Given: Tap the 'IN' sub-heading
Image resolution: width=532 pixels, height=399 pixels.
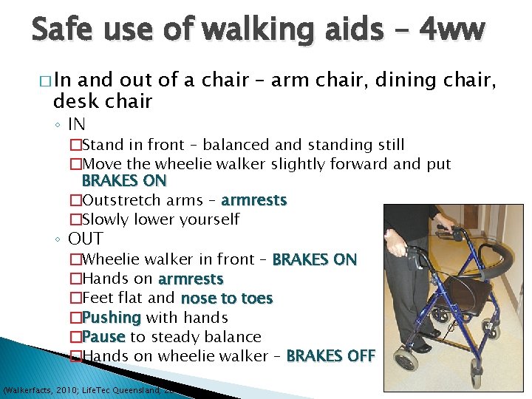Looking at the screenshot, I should tap(77, 123).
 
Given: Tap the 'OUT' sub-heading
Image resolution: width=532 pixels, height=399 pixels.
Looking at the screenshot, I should tap(86, 239).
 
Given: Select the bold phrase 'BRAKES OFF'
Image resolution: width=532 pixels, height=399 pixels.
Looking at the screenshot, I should tap(330, 356).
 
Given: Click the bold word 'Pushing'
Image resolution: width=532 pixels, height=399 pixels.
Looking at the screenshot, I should tap(112, 318).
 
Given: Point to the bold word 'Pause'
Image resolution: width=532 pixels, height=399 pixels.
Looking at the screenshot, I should tap(103, 337).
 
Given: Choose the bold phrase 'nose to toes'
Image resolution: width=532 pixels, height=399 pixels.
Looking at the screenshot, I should tap(227, 299).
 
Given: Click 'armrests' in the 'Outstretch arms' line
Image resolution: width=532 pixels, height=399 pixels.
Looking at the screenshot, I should tap(253, 200).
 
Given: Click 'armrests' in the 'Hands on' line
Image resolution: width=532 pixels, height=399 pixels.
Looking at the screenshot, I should tap(190, 279).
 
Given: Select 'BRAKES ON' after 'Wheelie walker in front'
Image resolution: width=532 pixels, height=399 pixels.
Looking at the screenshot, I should tap(314, 260).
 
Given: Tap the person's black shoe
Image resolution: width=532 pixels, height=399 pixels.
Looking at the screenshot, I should tap(421, 346).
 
